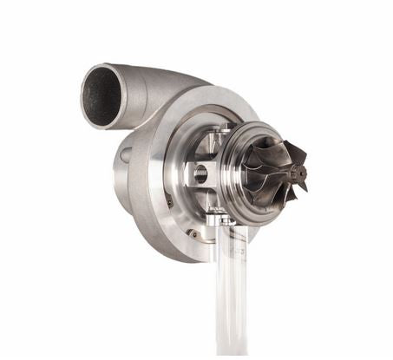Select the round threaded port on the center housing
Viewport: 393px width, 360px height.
(x=200, y=172)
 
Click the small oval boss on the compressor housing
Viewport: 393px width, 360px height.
(x=127, y=155)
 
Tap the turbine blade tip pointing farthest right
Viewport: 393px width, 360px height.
(x=305, y=165)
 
